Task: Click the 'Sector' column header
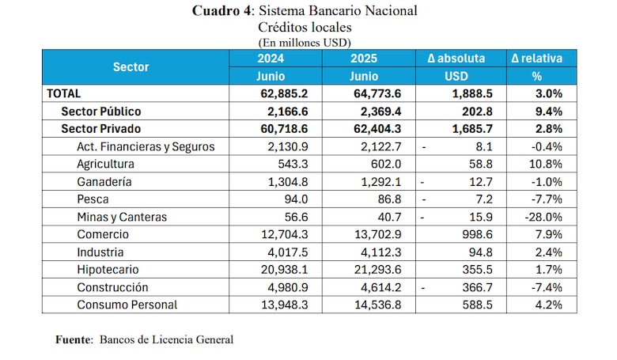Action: tap(131, 67)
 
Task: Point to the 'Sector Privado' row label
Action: tap(100, 129)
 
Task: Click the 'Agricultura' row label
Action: tap(105, 164)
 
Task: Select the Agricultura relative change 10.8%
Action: tap(547, 164)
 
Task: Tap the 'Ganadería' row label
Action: tap(104, 182)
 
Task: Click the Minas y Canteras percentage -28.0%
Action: tap(544, 217)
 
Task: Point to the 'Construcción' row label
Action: tap(112, 287)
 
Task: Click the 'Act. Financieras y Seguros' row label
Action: tap(146, 146)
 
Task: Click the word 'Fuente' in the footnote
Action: tap(74, 339)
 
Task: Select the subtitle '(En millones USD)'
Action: tap(304, 42)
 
